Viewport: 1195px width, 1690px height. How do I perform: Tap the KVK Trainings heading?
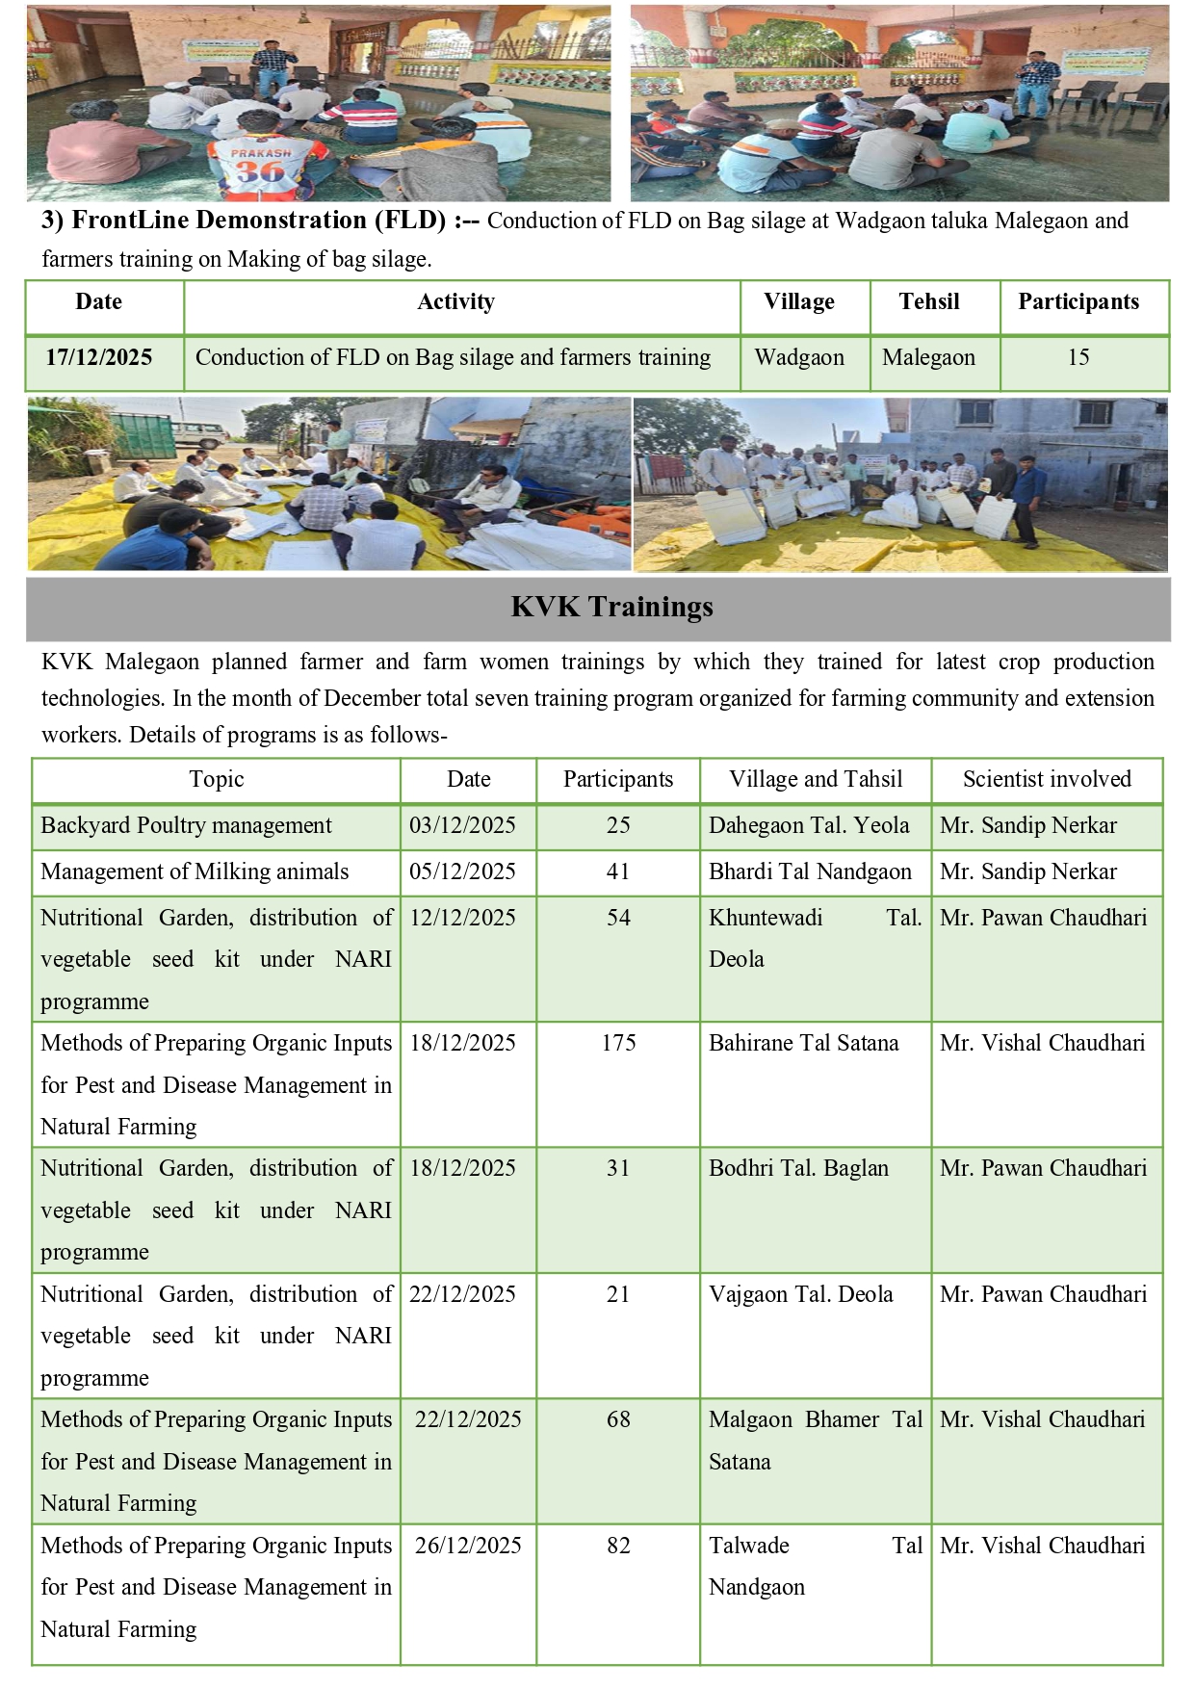point(611,607)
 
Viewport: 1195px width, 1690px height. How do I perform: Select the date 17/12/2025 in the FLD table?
point(98,357)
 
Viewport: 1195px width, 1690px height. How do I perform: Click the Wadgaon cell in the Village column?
point(799,357)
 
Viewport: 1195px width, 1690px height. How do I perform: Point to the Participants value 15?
point(1078,357)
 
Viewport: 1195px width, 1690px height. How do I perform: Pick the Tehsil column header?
point(929,301)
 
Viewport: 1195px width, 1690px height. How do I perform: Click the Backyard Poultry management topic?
point(186,825)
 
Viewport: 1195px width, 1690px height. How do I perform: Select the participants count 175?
point(618,1043)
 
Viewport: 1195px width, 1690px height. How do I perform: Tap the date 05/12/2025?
point(462,871)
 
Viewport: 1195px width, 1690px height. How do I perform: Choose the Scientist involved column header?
point(1047,779)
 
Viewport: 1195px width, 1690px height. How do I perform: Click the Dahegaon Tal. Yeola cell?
point(809,825)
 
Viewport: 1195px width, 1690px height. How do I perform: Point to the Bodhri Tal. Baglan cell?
point(798,1168)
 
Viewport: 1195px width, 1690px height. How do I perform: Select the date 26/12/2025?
point(468,1546)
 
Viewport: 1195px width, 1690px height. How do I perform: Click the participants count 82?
point(618,1546)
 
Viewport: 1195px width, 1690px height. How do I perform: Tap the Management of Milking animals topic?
point(195,871)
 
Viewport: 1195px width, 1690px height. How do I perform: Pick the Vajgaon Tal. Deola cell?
point(800,1294)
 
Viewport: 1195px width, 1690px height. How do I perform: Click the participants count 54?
point(618,918)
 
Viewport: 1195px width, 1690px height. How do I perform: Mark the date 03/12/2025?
point(462,825)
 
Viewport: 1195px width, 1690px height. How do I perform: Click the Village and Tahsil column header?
point(816,779)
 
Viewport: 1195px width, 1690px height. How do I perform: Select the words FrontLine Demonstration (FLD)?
point(259,221)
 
